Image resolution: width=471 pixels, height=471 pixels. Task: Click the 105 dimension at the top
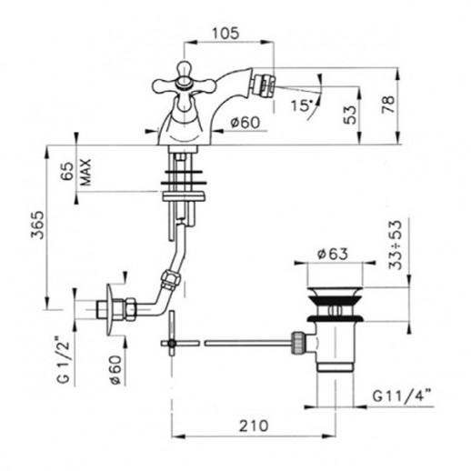coord(225,34)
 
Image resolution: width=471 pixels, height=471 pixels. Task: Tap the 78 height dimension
coord(388,104)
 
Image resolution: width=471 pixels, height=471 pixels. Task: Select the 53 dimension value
coord(350,115)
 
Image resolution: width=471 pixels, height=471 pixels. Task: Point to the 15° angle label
coord(302,105)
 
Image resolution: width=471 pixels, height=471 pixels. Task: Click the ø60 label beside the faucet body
coord(246,123)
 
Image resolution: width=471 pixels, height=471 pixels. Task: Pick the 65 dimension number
coord(67,171)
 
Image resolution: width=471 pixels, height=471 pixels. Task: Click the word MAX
coord(85,172)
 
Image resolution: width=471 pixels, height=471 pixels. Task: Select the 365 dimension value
coord(38,225)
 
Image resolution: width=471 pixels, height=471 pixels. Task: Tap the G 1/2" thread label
coord(63,363)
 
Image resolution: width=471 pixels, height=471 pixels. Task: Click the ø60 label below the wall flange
coord(115,370)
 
